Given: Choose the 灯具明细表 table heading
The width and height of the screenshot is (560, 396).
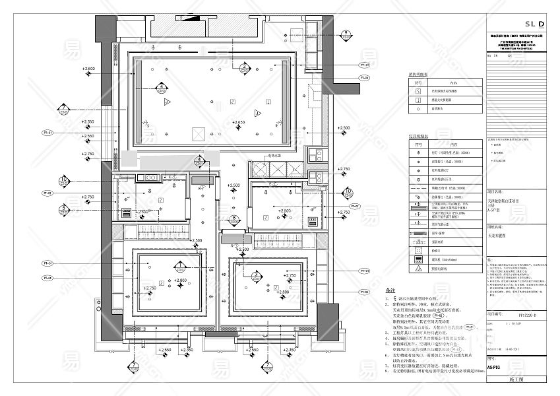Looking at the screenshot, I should pyautogui.click(x=419, y=136).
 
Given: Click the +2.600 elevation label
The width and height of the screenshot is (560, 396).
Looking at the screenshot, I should pyautogui.click(x=88, y=69).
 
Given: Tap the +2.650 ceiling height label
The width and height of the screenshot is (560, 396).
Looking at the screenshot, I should pyautogui.click(x=238, y=122).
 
